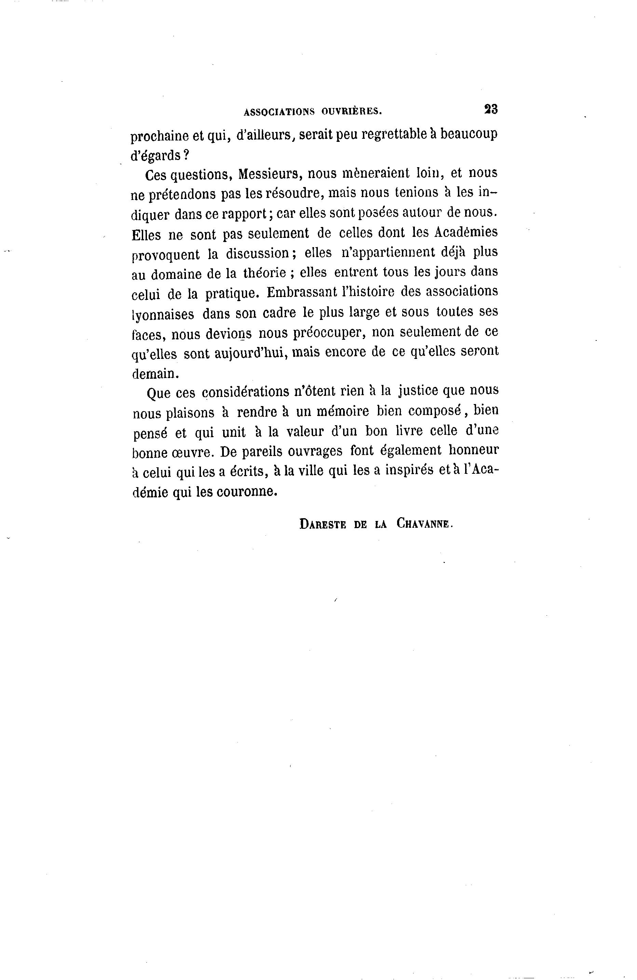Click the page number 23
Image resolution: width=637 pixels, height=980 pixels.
coord(491,109)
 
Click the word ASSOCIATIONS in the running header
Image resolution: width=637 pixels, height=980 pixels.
coord(279,111)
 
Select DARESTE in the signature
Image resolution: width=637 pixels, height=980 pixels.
coord(323,524)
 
